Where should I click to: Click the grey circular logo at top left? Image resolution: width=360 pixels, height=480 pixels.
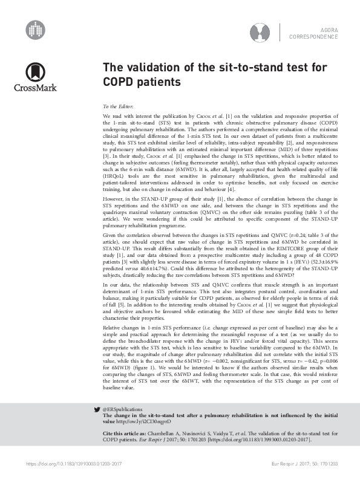click(x=36, y=28)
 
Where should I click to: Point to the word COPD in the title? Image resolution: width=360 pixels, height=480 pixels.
click(x=119, y=80)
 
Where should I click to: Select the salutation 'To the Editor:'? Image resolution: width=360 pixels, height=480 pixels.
click(x=119, y=105)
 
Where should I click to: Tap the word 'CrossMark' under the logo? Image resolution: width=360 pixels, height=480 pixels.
click(x=35, y=88)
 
